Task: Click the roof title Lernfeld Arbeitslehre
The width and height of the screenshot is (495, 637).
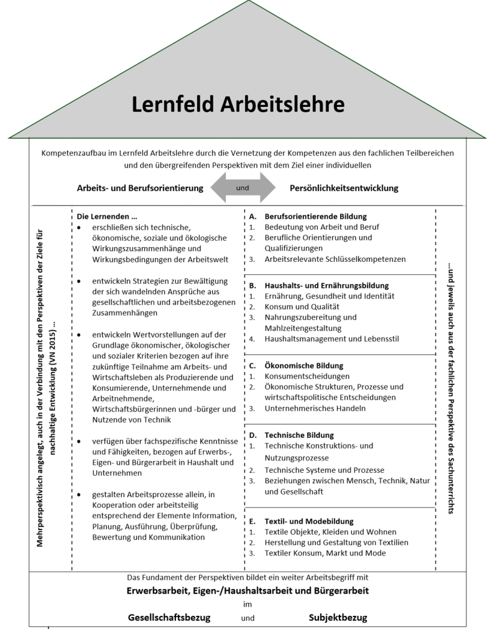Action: click(238, 104)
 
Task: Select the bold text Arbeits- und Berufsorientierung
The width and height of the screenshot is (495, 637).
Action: click(141, 188)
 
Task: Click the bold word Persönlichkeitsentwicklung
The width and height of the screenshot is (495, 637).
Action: click(344, 188)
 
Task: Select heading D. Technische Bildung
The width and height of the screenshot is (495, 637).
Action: click(300, 435)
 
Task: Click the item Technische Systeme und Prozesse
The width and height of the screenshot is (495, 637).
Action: click(324, 470)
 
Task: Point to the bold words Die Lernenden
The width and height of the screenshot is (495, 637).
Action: click(102, 216)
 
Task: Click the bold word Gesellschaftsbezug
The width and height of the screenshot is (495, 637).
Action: click(169, 618)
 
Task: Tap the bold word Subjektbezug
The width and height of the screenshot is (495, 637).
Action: click(338, 618)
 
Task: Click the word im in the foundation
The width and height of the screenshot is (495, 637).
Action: click(247, 603)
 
